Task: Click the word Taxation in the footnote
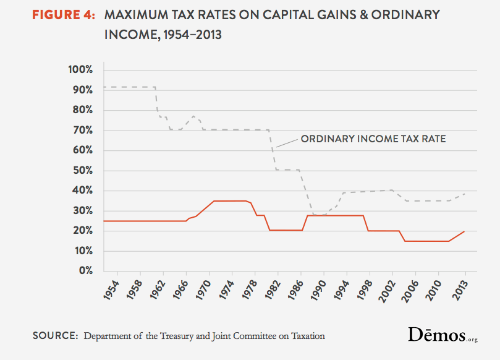tap(305, 336)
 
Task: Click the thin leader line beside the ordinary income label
tap(286, 143)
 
